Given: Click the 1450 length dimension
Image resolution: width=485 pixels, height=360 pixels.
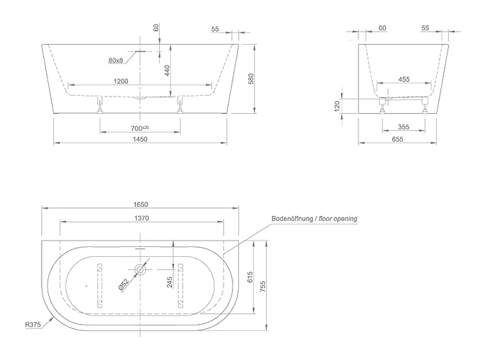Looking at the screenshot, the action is pyautogui.click(x=140, y=139).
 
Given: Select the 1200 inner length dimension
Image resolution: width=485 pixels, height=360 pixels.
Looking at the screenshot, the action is pyautogui.click(x=121, y=81).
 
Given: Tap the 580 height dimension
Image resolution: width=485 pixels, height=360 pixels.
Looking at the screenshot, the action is pyautogui.click(x=251, y=78).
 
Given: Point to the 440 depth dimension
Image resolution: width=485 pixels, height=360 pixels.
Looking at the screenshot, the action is pyautogui.click(x=167, y=71).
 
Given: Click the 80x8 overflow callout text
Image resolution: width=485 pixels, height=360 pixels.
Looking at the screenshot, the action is pyautogui.click(x=115, y=60).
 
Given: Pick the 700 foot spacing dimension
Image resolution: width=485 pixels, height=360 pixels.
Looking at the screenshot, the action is pyautogui.click(x=140, y=128).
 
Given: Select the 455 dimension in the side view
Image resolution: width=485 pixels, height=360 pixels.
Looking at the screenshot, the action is pyautogui.click(x=404, y=79).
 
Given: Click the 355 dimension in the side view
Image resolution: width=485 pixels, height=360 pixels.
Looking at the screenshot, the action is pyautogui.click(x=404, y=127).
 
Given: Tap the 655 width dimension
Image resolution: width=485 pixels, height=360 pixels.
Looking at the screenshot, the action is pyautogui.click(x=397, y=139).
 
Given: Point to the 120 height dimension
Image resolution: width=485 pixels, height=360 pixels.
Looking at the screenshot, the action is pyautogui.click(x=337, y=106).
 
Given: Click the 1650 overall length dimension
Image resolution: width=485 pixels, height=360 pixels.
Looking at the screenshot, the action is pyautogui.click(x=140, y=204).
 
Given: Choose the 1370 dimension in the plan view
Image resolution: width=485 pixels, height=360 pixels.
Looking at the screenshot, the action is pyautogui.click(x=141, y=218).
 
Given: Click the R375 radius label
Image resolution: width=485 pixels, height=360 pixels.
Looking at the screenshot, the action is pyautogui.click(x=33, y=325).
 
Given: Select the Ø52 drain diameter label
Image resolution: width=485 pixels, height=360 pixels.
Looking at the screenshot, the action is pyautogui.click(x=124, y=284).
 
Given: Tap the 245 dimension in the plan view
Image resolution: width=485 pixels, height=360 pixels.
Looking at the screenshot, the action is pyautogui.click(x=170, y=282).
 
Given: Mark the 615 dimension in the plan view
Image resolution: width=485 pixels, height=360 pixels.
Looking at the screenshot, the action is pyautogui.click(x=250, y=276).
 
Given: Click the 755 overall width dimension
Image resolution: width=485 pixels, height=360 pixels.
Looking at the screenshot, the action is pyautogui.click(x=263, y=287).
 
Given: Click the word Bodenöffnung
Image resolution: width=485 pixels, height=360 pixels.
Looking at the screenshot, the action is pyautogui.click(x=292, y=219).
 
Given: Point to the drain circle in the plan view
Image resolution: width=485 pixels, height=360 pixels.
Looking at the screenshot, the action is pyautogui.click(x=140, y=269).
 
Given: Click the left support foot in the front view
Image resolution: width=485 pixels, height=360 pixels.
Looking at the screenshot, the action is pyautogui.click(x=99, y=105).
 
